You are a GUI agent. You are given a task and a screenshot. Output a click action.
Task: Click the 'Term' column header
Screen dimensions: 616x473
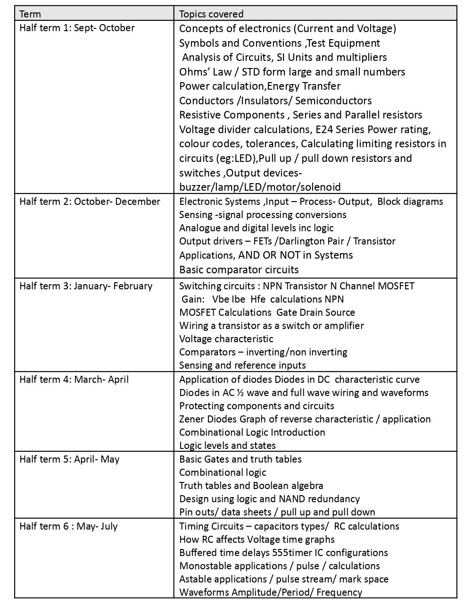[30, 14]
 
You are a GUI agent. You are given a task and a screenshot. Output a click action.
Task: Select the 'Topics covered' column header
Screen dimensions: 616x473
[211, 14]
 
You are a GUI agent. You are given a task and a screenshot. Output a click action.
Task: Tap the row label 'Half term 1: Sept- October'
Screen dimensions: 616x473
[77, 28]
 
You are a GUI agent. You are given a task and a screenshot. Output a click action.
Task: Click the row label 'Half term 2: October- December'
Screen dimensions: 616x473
[90, 202]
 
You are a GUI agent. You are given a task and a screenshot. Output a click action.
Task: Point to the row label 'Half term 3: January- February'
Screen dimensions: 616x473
[86, 286]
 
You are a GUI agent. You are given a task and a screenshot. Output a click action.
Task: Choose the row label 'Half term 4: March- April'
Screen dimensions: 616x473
[74, 380]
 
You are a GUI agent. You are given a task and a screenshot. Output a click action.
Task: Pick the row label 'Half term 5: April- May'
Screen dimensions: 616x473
[69, 459]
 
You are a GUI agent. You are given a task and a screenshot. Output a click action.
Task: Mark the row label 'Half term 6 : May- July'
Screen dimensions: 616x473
[68, 526]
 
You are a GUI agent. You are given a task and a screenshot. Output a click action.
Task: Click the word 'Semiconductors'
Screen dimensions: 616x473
[333, 101]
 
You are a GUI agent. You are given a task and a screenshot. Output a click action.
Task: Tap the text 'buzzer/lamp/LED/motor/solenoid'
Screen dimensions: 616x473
[260, 187]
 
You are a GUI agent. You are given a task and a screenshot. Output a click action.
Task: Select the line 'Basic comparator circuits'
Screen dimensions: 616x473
[239, 270]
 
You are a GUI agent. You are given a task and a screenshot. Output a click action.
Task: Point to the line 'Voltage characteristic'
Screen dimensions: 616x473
[226, 339]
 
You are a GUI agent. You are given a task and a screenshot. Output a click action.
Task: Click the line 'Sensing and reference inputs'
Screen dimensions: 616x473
[242, 365]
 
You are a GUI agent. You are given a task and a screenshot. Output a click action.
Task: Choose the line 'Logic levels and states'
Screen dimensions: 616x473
[227, 446]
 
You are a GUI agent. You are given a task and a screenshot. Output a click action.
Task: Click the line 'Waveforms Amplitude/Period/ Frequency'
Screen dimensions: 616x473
[271, 592]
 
